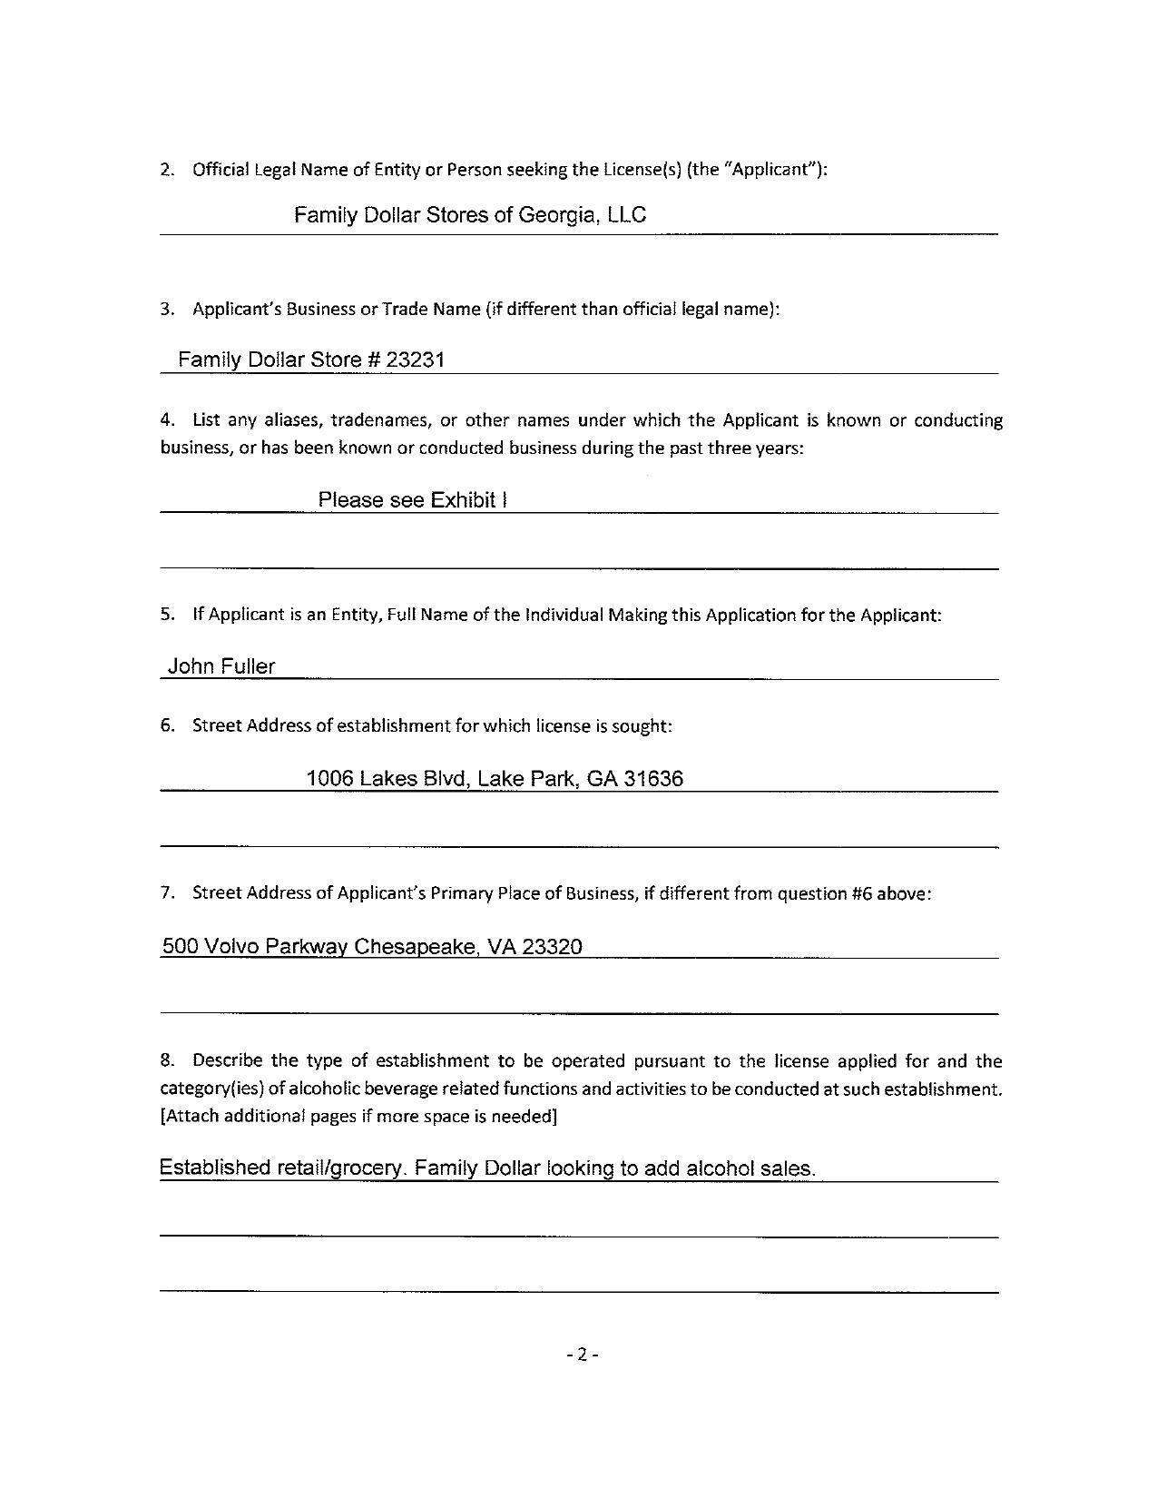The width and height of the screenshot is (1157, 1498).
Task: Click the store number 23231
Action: tap(415, 360)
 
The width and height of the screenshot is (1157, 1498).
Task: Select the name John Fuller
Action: tap(221, 666)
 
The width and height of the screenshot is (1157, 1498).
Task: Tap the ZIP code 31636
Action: tap(653, 778)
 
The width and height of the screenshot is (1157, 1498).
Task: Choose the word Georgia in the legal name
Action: tap(556, 215)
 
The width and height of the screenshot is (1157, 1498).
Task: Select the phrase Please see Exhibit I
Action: tap(412, 500)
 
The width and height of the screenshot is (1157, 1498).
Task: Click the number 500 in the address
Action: tap(180, 947)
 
